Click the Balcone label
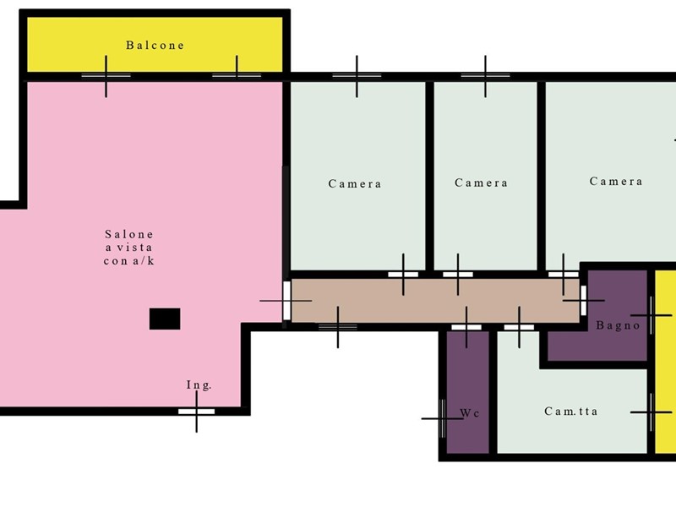click(155, 46)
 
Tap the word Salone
click(129, 234)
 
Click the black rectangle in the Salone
click(165, 319)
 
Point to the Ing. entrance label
click(199, 384)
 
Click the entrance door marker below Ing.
click(197, 412)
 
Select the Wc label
click(470, 413)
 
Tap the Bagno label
click(619, 325)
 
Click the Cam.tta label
click(571, 412)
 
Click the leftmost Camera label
click(355, 183)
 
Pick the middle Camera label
click(481, 183)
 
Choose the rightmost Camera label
click(616, 181)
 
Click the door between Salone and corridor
click(286, 301)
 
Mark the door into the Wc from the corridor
click(466, 327)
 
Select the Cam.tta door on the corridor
click(519, 327)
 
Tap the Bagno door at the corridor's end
click(583, 301)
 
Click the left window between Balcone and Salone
click(106, 76)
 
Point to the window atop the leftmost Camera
click(357, 76)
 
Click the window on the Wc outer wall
click(442, 418)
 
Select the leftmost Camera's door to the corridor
click(403, 274)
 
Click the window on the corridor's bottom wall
click(338, 327)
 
